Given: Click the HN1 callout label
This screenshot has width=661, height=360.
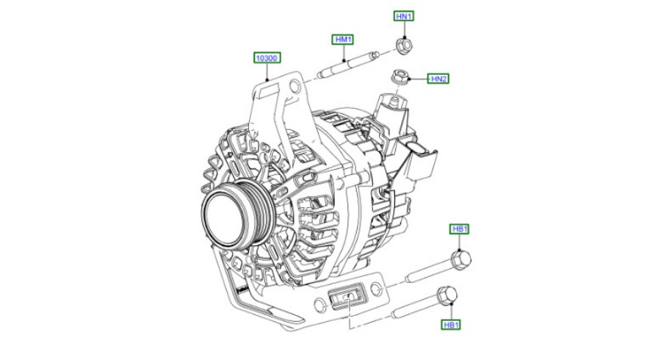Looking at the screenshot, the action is pyautogui.click(x=404, y=16).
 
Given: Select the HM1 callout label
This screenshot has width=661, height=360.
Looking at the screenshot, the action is pyautogui.click(x=343, y=40).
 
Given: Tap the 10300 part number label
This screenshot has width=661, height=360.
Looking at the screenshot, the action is pyautogui.click(x=267, y=58).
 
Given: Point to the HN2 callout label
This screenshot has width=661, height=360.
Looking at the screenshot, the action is pyautogui.click(x=438, y=79).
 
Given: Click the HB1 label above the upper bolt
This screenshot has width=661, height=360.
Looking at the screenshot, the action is pyautogui.click(x=460, y=229).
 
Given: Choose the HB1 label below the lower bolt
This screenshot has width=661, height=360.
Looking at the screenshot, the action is pyautogui.click(x=451, y=325).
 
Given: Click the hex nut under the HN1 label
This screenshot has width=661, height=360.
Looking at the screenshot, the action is pyautogui.click(x=404, y=44).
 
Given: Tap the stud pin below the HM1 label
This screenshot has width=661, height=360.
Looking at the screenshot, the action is pyautogui.click(x=348, y=65).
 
